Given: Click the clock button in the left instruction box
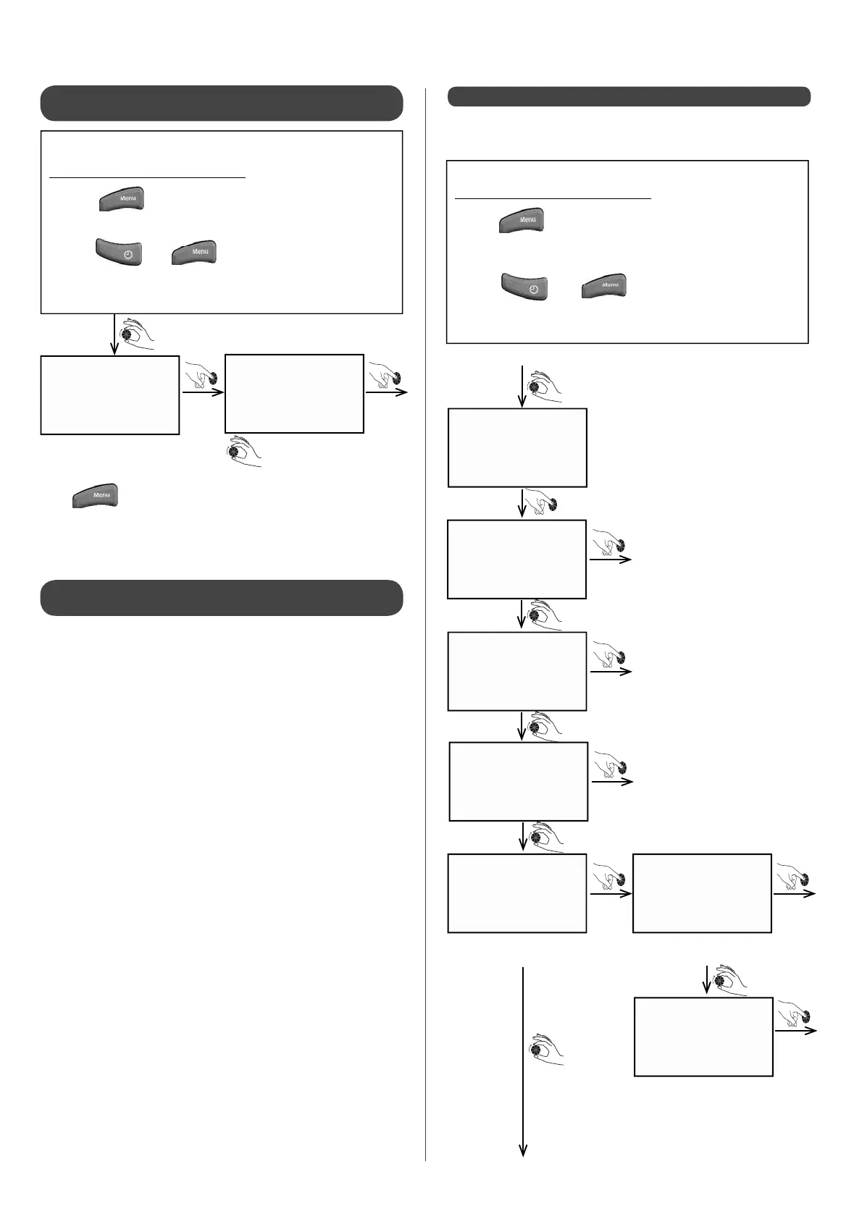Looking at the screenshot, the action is (x=118, y=252).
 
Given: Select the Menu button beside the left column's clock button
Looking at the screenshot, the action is (x=194, y=251).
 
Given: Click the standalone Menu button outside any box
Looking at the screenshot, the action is (x=95, y=496).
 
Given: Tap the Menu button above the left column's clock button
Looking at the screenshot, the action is (x=122, y=198).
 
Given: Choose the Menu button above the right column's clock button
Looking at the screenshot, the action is (x=522, y=219).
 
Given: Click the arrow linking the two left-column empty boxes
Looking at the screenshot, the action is (x=202, y=393).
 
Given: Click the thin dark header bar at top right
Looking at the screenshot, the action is (x=629, y=96).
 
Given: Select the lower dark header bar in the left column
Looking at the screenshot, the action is (x=221, y=597).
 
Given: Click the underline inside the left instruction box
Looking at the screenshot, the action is (x=147, y=177).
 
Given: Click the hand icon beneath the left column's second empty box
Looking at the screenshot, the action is (x=243, y=452).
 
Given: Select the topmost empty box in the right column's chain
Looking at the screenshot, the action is (x=517, y=447).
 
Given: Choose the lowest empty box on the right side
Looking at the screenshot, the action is (x=703, y=1037).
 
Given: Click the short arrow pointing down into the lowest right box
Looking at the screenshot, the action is (x=706, y=979).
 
